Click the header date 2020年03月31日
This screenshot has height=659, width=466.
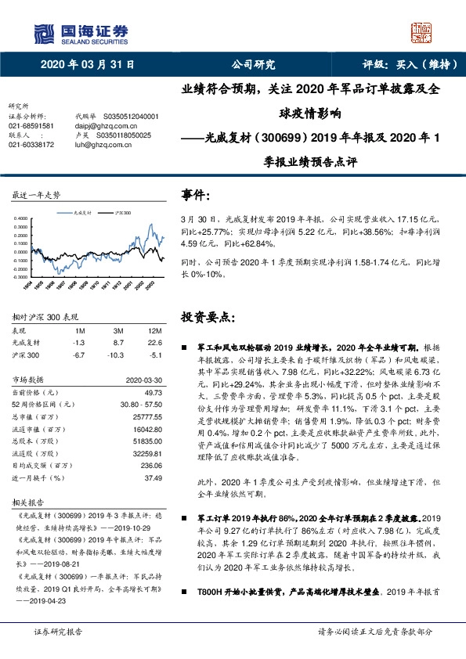coord(88,66)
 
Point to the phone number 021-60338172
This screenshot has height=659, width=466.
coord(31,144)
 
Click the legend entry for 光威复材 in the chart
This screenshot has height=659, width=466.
coord(81,212)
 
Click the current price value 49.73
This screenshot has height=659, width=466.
coord(154,391)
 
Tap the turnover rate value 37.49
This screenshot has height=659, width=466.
coord(154,477)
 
